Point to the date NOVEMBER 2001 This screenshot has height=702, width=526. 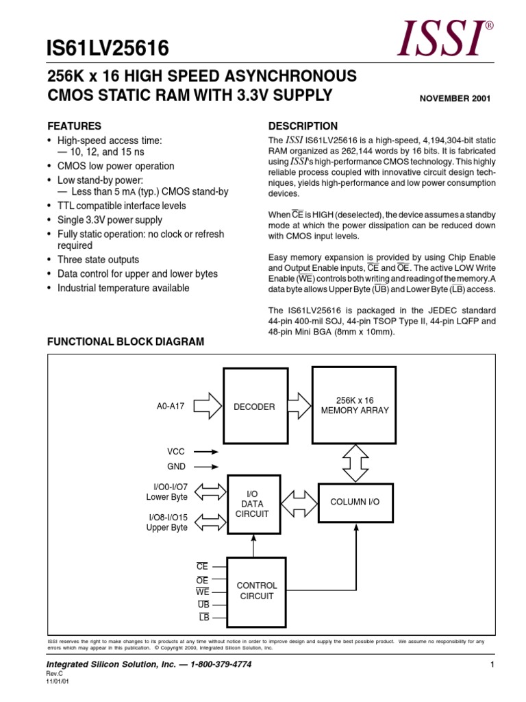(x=454, y=98)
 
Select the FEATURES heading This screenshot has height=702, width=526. (x=73, y=126)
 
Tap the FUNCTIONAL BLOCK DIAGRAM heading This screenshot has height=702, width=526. (x=125, y=341)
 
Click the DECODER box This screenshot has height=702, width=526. (x=254, y=407)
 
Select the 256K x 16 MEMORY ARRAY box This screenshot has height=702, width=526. (x=354, y=405)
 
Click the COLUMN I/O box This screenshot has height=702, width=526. (x=355, y=502)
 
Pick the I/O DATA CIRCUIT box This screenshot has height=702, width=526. (x=253, y=504)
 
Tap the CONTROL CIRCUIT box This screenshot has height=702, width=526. (x=256, y=591)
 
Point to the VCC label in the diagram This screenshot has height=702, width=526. (x=176, y=452)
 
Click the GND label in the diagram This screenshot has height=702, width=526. (x=176, y=466)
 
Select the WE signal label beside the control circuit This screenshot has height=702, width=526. (x=202, y=592)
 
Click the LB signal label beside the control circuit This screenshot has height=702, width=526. (x=203, y=617)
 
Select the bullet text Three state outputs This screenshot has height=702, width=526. (x=97, y=260)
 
